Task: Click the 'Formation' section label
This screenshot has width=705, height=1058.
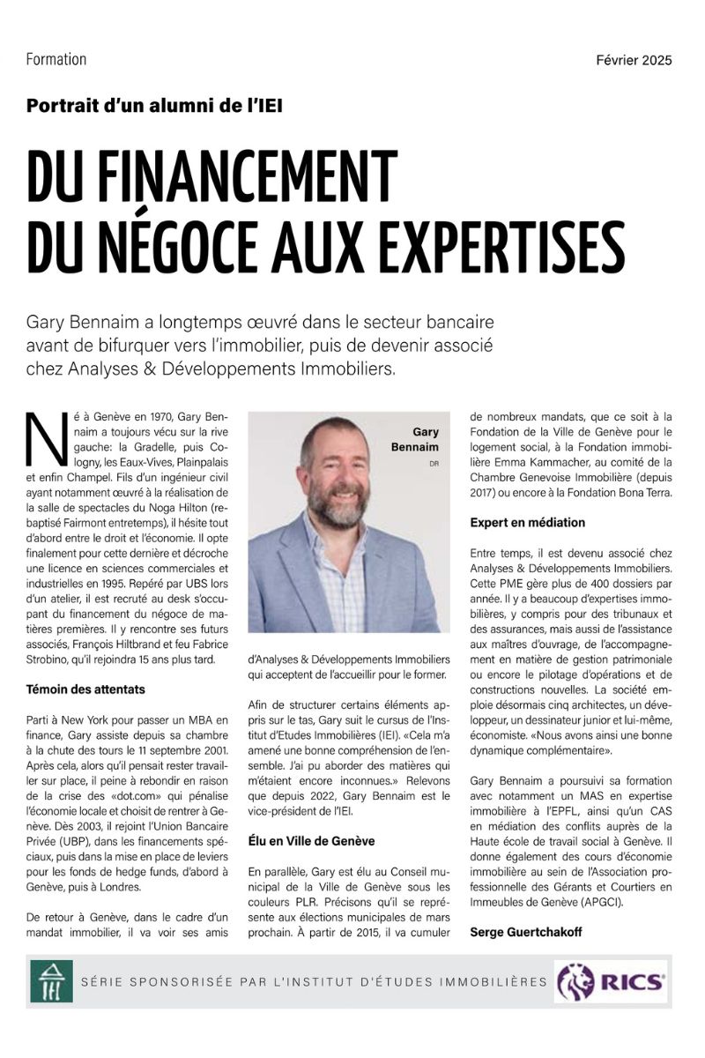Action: pos(56,60)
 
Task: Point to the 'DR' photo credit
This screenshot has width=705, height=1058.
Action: pos(433,463)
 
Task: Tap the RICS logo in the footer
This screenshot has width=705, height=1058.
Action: pos(610,980)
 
